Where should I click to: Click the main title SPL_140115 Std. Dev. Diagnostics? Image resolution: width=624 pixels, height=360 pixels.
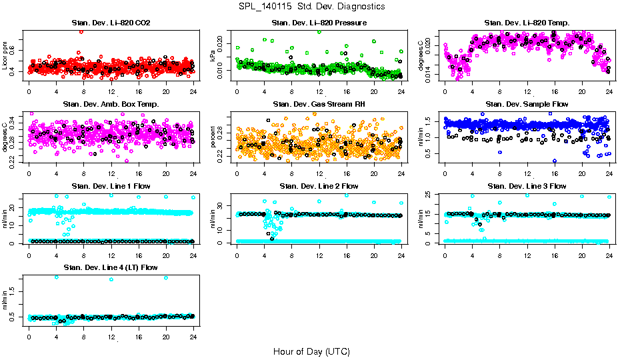[x=311, y=7]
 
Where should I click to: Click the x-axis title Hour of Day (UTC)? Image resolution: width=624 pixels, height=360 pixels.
[x=311, y=351]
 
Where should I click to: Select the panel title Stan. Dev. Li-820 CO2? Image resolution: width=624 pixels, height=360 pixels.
[x=111, y=23]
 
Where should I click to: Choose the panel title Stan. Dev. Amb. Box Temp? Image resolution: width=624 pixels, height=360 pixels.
[x=111, y=105]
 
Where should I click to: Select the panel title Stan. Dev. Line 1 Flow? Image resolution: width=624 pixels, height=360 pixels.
[x=111, y=186]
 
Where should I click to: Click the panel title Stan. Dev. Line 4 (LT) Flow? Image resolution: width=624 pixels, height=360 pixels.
[x=111, y=267]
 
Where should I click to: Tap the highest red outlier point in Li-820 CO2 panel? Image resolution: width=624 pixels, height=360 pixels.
[x=81, y=31]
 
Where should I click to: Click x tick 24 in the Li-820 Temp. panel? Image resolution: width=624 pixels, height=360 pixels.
[x=609, y=90]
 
